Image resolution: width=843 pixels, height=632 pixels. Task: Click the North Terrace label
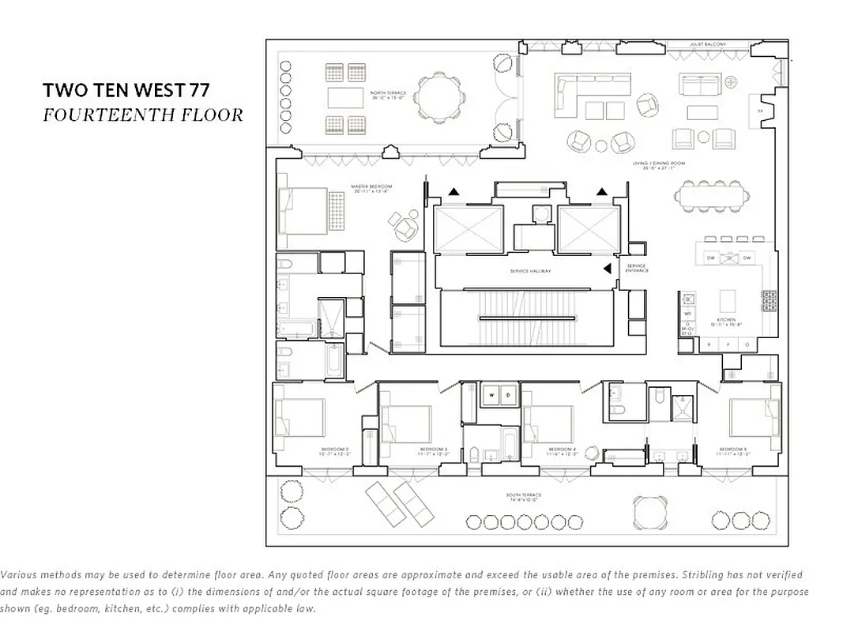coord(387,96)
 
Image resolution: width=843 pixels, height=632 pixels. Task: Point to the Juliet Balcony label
coord(707,46)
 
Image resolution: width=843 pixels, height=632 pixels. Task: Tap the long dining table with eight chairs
coord(713,195)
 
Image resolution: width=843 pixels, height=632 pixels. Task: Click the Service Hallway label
coord(530,271)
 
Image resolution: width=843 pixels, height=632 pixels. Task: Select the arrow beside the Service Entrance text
coord(607,269)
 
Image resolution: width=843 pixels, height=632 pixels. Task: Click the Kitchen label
coord(726,318)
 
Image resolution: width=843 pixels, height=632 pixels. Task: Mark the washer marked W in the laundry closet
coord(491,394)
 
